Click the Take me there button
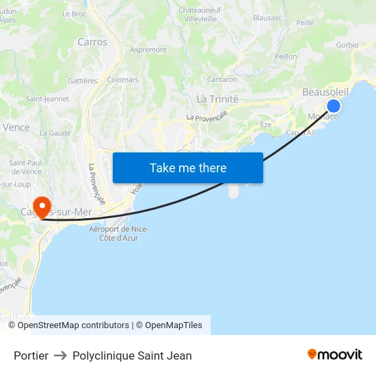tap(188, 167)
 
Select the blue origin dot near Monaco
tap(334, 105)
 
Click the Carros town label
tap(92, 42)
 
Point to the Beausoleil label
tap(325, 92)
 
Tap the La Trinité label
tap(217, 98)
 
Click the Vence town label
tap(16, 127)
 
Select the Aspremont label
tap(148, 50)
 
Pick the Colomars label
tap(122, 80)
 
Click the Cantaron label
tap(222, 80)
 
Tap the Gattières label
tap(83, 81)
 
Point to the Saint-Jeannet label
tap(47, 98)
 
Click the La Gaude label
tap(55, 133)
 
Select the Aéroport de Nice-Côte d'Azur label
tap(119, 233)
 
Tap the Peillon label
tap(285, 57)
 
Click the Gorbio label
tap(347, 45)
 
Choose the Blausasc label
tap(267, 18)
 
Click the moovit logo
tap(335, 354)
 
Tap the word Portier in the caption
tap(31, 355)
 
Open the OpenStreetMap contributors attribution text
tap(73, 325)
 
